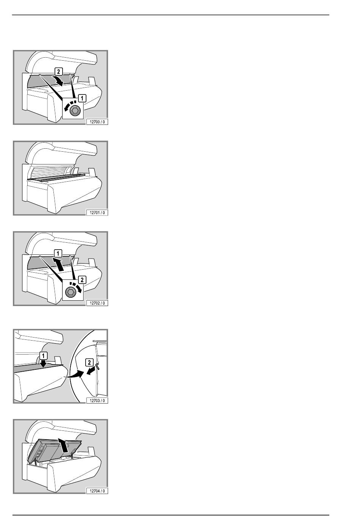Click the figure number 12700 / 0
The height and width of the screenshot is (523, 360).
[97, 122]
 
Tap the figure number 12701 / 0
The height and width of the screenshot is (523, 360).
[97, 212]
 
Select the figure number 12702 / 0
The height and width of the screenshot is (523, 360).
[97, 303]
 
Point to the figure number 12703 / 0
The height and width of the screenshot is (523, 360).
[97, 400]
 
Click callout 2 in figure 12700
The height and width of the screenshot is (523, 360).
[58, 71]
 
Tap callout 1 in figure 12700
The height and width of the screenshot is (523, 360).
[82, 98]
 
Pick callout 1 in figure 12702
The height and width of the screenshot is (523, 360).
[58, 253]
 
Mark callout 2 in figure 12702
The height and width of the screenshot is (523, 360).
[82, 280]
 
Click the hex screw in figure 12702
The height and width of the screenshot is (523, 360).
[70, 292]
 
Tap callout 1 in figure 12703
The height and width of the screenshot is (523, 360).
[44, 356]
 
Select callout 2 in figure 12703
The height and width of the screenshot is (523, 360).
[89, 363]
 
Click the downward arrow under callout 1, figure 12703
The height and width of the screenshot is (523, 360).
[43, 364]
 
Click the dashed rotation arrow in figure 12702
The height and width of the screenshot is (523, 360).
[77, 287]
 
